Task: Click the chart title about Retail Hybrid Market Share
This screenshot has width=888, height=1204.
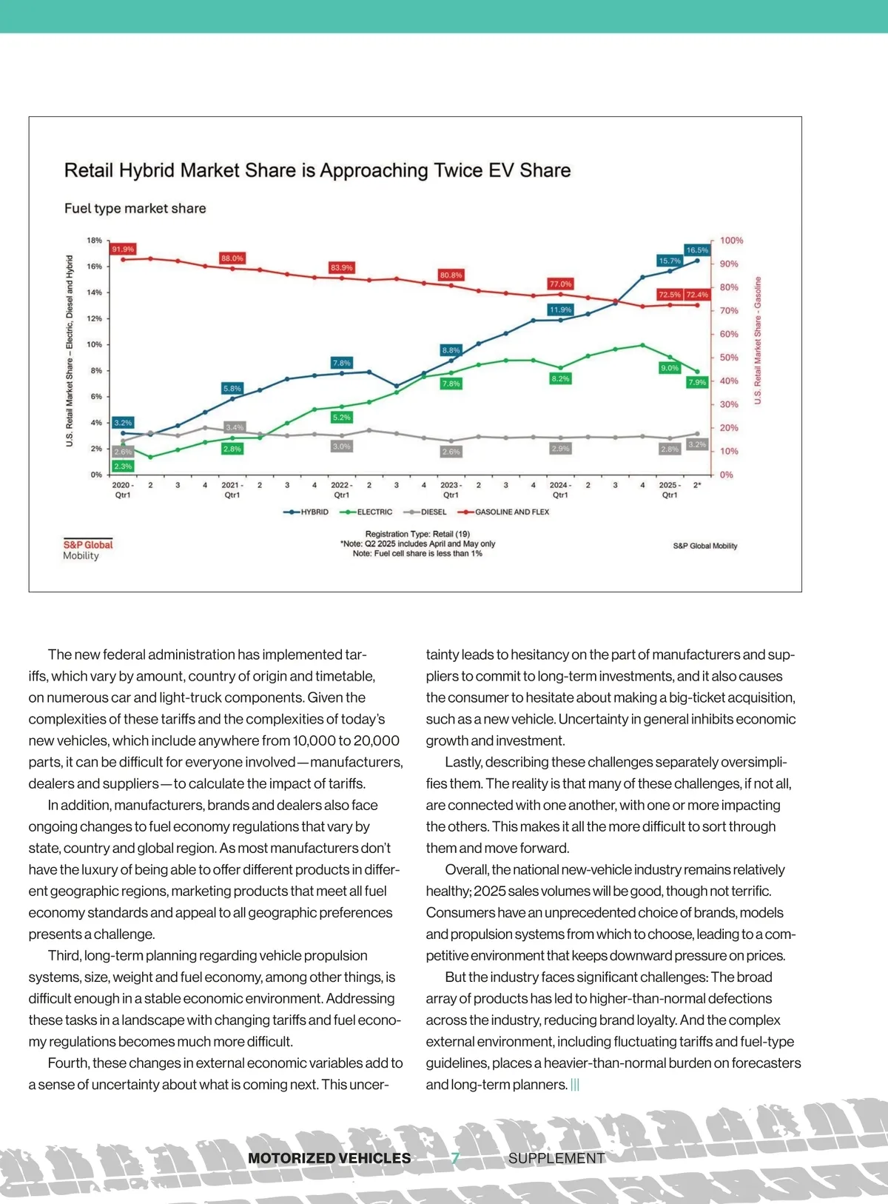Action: [x=317, y=170]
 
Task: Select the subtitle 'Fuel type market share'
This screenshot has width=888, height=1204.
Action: [x=135, y=208]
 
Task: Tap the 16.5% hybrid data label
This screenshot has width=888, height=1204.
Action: [x=697, y=250]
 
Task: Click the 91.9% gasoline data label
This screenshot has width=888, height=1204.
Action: [x=123, y=250]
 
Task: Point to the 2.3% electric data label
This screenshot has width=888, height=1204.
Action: [x=123, y=466]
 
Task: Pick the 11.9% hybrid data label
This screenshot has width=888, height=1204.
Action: [x=560, y=310]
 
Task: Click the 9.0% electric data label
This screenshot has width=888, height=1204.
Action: [x=670, y=368]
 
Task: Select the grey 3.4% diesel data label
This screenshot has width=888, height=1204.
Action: [x=235, y=427]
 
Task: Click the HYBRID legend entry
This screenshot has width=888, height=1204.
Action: [x=306, y=512]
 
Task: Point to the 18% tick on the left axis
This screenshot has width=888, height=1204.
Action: [x=95, y=241]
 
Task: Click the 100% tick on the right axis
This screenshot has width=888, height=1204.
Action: [x=731, y=241]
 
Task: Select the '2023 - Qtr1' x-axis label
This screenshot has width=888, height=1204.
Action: [x=451, y=490]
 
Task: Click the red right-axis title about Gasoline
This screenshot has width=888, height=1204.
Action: [x=758, y=341]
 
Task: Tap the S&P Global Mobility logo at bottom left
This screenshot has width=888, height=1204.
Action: [x=87, y=549]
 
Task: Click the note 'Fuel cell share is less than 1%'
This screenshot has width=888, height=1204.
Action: [x=417, y=553]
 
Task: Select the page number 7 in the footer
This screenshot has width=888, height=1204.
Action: [x=456, y=1157]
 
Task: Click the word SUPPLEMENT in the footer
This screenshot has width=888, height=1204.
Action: [x=556, y=1158]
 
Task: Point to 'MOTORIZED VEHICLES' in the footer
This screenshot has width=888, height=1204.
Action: [x=329, y=1158]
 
